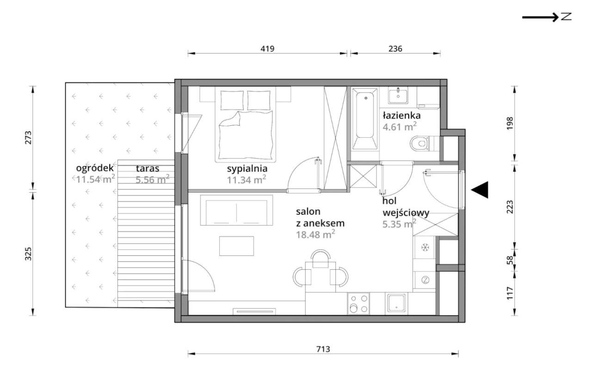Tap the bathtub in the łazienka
pos(365,119)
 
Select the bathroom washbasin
pos(398,95)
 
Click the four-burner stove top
pos(358,304)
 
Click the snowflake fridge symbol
pos(425,247)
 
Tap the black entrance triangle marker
pos(480,190)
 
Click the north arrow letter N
pos(566,17)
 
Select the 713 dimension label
pos(323,349)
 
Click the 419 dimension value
pos(267,49)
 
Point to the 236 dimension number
pos(395,49)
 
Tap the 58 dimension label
pos(510,260)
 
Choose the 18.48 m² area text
pos(315,234)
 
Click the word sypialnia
pos(247,168)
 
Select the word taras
pos(148,168)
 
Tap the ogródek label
pos(95,168)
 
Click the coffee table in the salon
pos(236,246)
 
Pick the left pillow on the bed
pos(232,100)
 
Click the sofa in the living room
pos(236,210)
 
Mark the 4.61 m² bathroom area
pos(400,127)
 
